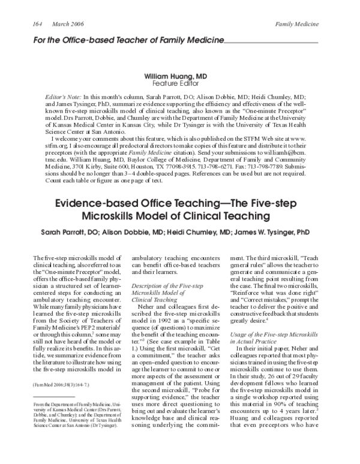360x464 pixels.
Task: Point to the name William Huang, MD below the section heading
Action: pos(179,77)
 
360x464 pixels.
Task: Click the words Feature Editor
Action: pos(179,85)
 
